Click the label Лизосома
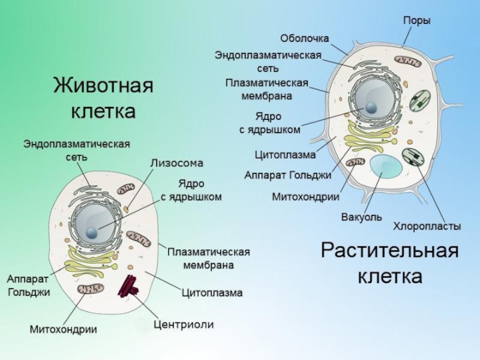click(176, 163)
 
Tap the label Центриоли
click(184, 325)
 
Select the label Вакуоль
click(361, 217)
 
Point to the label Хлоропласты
click(427, 226)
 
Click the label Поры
click(416, 20)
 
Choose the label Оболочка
click(305, 38)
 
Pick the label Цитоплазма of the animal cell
click(212, 293)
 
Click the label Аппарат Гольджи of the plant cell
click(288, 175)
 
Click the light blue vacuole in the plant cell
click(385, 165)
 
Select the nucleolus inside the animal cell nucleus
click(92, 233)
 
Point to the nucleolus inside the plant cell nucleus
click(373, 108)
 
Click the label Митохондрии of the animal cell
click(64, 329)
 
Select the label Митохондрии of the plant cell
click(306, 196)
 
